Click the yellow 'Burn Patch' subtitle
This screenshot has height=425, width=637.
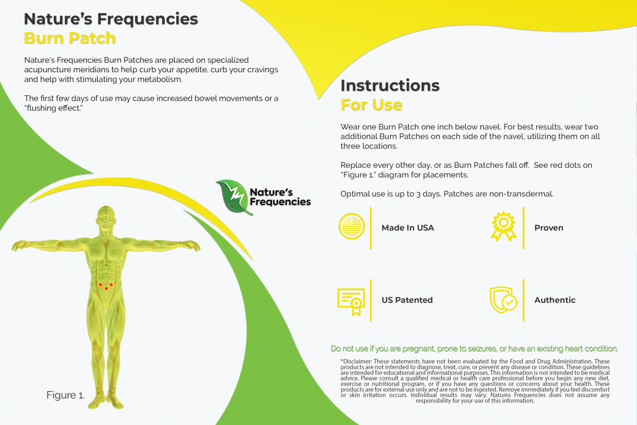coord(70,38)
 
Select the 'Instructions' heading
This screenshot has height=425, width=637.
coord(390,85)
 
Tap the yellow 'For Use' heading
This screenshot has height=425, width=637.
coord(371,105)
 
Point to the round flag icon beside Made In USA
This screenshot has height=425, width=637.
coord(352,227)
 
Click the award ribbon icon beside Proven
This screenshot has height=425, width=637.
coord(503,226)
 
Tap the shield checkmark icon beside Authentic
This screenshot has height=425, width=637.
coord(503,300)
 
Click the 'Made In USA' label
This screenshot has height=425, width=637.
coord(408,228)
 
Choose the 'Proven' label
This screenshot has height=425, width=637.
coord(549,228)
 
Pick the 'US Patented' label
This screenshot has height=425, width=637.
coord(407,300)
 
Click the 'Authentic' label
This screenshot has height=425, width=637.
coord(555,300)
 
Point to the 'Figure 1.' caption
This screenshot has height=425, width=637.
coord(66,395)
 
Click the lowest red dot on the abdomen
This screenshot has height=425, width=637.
coord(106,288)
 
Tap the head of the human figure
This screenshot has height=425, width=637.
coord(106,216)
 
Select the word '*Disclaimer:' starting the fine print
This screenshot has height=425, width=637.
coord(356,361)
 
